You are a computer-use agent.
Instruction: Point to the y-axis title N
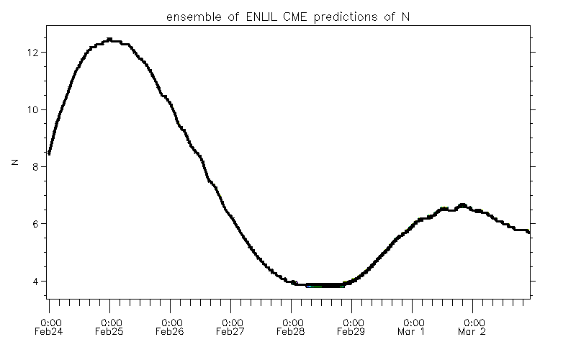tap(14, 163)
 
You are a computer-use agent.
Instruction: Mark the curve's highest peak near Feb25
tap(109, 39)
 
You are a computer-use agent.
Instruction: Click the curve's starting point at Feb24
tap(49, 153)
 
